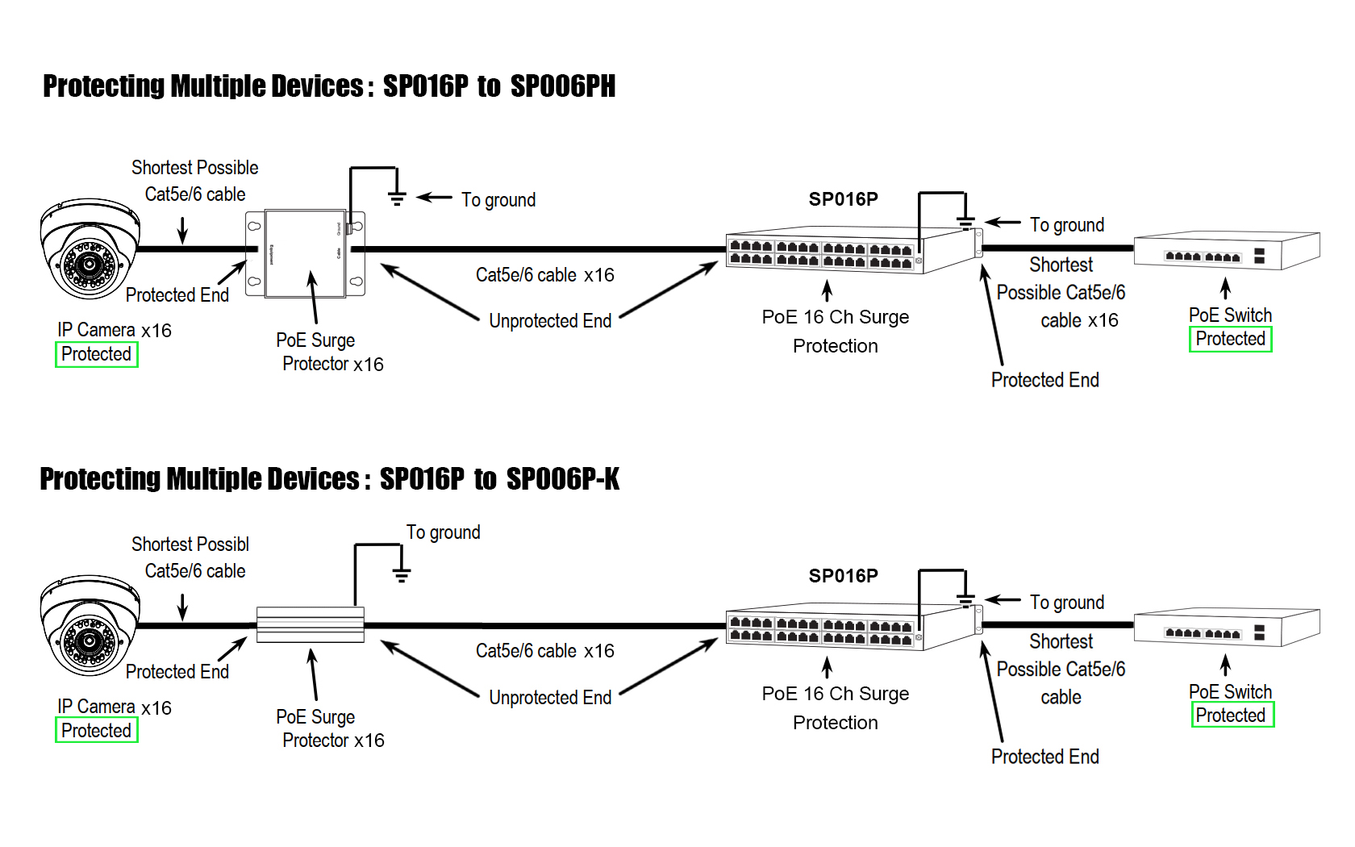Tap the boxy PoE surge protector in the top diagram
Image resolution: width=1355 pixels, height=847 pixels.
coord(306,253)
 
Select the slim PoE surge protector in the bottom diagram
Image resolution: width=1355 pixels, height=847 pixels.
coord(311,624)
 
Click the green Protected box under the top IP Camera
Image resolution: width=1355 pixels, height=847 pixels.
coord(97,354)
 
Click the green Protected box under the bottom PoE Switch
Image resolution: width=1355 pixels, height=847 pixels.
coord(1232,715)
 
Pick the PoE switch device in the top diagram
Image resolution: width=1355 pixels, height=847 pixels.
coord(1226,251)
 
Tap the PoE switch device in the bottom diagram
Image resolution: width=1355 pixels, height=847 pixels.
coord(1226,628)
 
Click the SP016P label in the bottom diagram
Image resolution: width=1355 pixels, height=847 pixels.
coord(843,576)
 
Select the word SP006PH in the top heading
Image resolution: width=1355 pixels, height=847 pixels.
coord(562,86)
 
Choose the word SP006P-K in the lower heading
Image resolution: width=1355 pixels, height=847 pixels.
coord(562,479)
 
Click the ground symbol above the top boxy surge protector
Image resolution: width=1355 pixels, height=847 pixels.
coord(396,198)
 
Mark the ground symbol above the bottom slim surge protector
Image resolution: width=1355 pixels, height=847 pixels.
coord(401,575)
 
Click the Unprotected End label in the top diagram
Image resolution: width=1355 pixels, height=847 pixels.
coord(550,321)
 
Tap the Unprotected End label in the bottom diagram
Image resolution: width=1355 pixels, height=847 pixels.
coord(550,698)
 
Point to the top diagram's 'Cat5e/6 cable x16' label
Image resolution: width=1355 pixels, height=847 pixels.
coord(544,275)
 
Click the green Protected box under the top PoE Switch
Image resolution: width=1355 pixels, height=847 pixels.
coord(1231,339)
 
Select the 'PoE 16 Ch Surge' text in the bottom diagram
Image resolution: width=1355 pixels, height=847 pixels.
coord(835,694)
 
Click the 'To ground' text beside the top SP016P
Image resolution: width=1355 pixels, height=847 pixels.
coord(1066,225)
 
